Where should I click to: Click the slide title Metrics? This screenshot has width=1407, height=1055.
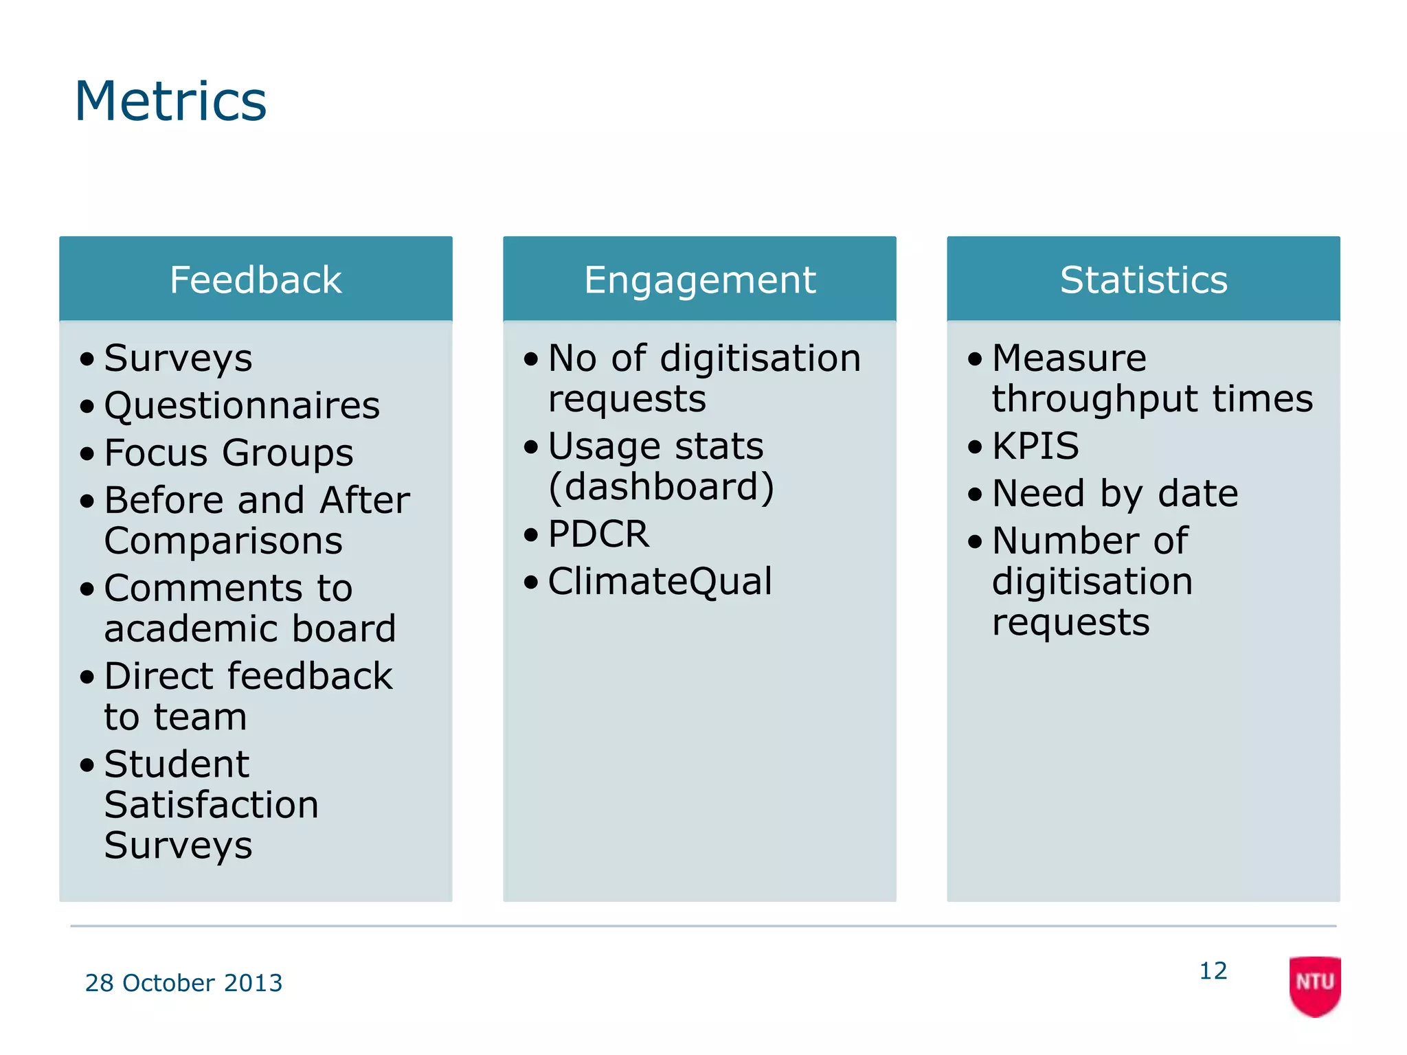point(170,102)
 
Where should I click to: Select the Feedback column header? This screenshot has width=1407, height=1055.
point(256,280)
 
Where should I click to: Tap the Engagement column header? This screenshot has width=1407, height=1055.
point(699,280)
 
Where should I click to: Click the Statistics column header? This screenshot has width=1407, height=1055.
point(1143,280)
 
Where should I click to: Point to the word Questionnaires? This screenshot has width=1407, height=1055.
point(242,405)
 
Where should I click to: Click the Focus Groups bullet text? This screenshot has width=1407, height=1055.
point(229,453)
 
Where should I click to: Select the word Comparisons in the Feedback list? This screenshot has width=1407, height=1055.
point(223,541)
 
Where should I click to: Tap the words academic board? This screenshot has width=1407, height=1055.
point(250,628)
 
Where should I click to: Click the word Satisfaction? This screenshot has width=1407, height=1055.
point(212,804)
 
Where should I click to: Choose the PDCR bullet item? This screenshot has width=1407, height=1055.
point(598,534)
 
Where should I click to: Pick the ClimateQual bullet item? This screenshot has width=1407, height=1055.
point(660,581)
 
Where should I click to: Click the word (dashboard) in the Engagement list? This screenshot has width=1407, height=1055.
point(661,486)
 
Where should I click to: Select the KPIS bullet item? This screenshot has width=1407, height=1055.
point(1035,446)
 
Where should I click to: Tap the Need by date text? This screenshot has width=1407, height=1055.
point(1115,493)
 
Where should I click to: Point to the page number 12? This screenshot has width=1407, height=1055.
point(1213,971)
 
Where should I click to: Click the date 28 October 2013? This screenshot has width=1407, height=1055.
point(183,983)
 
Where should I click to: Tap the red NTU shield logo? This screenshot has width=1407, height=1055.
point(1314,985)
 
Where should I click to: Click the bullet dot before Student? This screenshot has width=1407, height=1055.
point(87,764)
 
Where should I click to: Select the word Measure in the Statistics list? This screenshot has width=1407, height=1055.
point(1069,358)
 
